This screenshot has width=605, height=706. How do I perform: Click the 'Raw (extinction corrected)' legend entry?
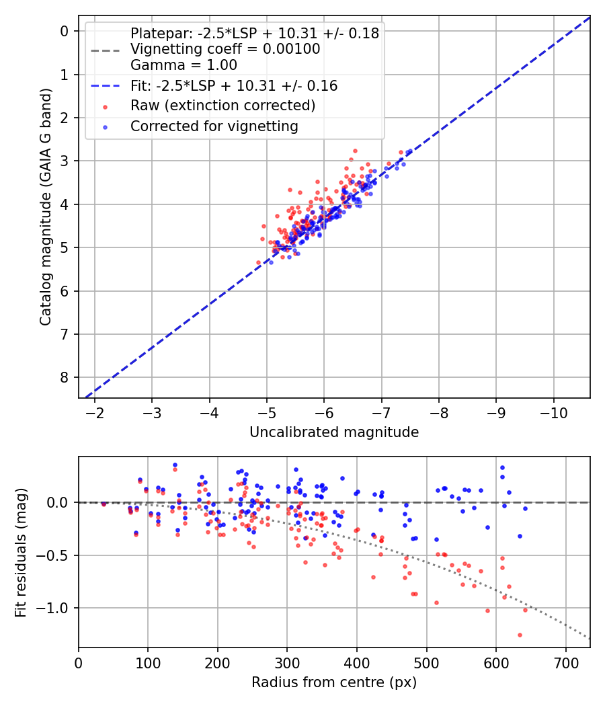[223, 106]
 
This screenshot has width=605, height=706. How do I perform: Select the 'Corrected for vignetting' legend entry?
[214, 126]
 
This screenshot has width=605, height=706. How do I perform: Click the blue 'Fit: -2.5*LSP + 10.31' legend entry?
[234, 85]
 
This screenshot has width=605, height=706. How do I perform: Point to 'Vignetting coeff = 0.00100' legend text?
[225, 49]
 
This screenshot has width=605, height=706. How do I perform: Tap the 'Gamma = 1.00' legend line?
[184, 65]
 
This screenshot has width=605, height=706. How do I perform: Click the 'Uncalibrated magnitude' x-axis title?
[334, 432]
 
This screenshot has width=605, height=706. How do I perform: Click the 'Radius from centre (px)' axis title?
[334, 682]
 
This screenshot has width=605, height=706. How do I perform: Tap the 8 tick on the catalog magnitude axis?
[65, 377]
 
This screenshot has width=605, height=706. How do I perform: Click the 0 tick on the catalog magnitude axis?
[65, 31]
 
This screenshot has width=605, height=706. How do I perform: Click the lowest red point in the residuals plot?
[520, 635]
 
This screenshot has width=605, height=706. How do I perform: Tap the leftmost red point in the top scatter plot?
[258, 262]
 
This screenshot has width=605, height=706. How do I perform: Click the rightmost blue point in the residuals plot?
[525, 508]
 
